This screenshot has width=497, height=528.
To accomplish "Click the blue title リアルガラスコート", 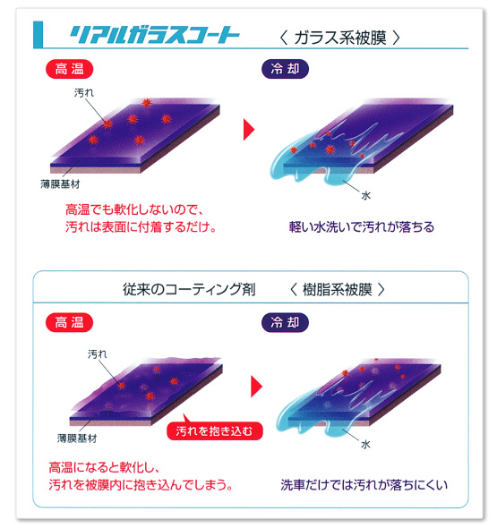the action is [154, 35].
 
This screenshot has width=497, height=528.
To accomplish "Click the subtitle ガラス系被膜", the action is [340, 38].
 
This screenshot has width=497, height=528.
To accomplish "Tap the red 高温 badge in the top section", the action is [70, 69].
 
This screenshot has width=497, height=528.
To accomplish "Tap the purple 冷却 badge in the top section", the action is [285, 69].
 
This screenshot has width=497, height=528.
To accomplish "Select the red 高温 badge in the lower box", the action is [70, 322].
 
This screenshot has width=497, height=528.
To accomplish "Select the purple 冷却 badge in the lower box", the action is [285, 322].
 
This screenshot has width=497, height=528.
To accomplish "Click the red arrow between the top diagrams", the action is [249, 129].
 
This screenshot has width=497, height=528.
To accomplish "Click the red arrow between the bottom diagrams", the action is [256, 387].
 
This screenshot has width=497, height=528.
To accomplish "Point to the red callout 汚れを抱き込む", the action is [214, 430].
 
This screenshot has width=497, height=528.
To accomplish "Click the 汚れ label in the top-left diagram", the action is [84, 92].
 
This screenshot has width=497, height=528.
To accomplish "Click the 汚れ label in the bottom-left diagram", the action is [98, 353].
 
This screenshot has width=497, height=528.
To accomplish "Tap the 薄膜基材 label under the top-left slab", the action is [60, 184].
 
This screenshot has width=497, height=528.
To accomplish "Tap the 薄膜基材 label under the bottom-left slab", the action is [77, 439].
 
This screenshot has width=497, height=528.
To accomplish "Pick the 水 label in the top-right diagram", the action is [366, 195].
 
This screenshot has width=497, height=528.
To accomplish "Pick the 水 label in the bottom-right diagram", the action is [365, 445].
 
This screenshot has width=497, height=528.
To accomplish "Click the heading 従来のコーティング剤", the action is [189, 289].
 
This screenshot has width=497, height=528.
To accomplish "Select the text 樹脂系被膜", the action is [338, 289].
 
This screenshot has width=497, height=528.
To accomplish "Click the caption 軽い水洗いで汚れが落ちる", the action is [362, 227].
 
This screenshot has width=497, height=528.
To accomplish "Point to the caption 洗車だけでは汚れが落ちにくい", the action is [364, 485].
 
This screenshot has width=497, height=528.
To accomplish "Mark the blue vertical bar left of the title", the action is [39, 35].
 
